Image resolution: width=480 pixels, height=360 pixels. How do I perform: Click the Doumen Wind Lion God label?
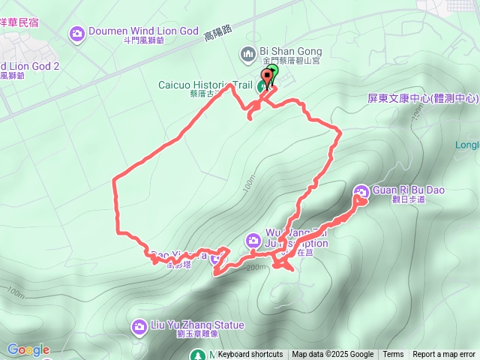(x=133, y=32)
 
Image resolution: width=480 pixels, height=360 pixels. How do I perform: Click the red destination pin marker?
(x=266, y=76)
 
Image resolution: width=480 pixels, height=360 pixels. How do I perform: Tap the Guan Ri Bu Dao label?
(x=409, y=190)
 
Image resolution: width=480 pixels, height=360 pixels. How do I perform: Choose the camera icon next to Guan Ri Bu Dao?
(x=361, y=191)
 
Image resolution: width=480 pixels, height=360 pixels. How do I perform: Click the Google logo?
(x=28, y=349)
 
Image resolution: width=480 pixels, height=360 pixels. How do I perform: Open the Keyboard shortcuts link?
(x=250, y=355)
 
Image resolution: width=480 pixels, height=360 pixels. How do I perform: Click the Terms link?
(x=393, y=355)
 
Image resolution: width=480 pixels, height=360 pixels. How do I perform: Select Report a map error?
(x=444, y=355)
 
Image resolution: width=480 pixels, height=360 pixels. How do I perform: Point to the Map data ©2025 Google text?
(x=332, y=355)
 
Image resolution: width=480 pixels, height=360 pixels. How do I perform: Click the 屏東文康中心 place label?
(x=423, y=98)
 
